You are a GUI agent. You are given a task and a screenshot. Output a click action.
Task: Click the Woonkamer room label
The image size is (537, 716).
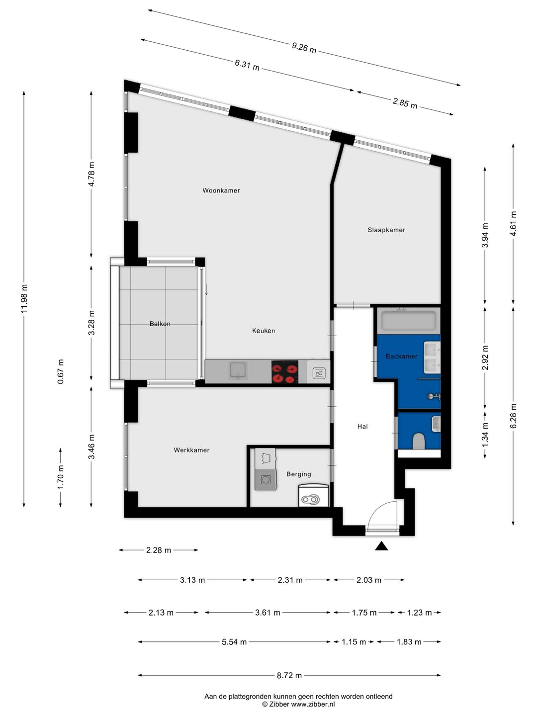(221, 190)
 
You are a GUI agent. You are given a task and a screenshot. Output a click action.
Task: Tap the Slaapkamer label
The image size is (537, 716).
(386, 230)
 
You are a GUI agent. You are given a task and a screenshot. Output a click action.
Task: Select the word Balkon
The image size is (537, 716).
(160, 324)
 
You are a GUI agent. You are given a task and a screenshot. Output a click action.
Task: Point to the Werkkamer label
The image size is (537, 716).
(191, 450)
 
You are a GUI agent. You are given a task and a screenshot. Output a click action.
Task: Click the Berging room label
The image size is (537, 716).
(299, 474)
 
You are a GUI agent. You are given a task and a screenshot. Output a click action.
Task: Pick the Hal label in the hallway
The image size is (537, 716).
(362, 426)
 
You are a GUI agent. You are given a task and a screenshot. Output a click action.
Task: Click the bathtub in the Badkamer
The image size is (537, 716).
(409, 321)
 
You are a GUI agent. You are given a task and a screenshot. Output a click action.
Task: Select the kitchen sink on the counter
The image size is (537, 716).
(238, 371)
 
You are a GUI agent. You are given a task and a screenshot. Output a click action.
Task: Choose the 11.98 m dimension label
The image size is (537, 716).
(24, 299)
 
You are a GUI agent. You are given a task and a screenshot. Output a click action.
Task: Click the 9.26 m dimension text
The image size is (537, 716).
(304, 48)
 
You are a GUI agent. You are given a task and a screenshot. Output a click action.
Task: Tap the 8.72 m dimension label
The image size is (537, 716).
(289, 675)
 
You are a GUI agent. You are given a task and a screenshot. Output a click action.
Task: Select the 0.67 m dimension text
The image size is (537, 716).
(61, 371)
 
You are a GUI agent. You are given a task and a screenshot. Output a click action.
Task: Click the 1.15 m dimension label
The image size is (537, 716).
(354, 642)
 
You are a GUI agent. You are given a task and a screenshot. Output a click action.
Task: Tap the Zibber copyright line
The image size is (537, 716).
(299, 704)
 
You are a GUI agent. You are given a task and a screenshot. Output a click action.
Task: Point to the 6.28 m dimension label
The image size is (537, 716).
(514, 416)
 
